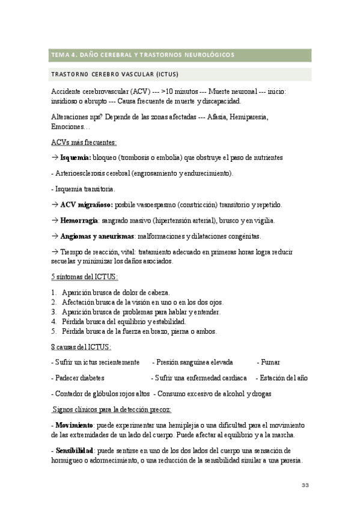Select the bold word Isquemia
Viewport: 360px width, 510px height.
pyautogui.click(x=76, y=157)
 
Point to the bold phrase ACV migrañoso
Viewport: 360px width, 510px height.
pyautogui.click(x=87, y=204)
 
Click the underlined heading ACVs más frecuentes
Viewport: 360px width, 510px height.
pyautogui.click(x=84, y=142)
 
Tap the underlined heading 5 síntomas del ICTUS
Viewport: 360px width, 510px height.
pyautogui.click(x=85, y=277)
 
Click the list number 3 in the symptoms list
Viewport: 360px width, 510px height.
pyautogui.click(x=54, y=312)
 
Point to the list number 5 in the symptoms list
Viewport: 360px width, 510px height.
pyautogui.click(x=54, y=331)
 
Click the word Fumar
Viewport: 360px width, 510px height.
pyautogui.click(x=268, y=363)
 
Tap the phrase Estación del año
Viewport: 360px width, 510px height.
pyautogui.click(x=282, y=378)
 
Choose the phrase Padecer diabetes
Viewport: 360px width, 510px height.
pyautogui.click(x=78, y=378)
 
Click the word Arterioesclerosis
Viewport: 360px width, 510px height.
pyautogui.click(x=84, y=173)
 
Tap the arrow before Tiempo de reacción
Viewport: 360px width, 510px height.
pyautogui.click(x=55, y=253)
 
